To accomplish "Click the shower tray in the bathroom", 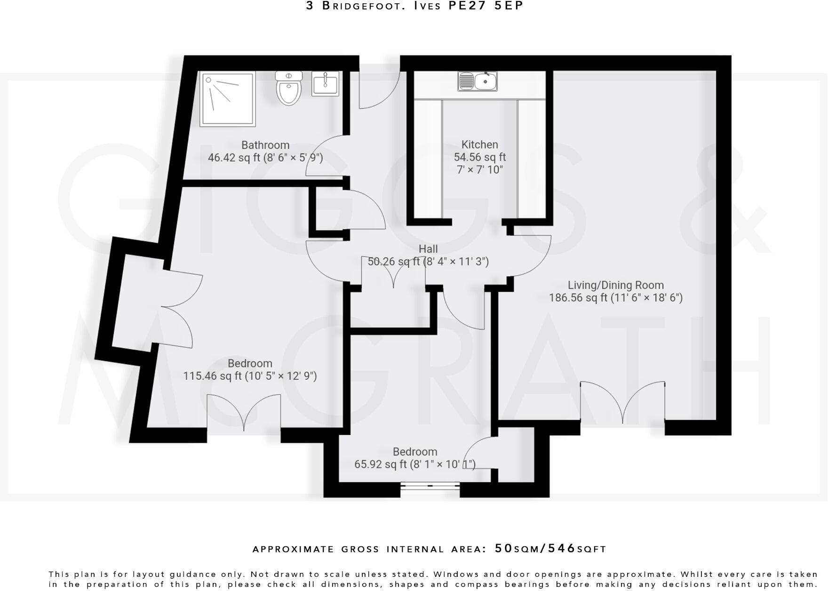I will [x=228, y=99].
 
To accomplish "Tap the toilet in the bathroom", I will [x=288, y=88].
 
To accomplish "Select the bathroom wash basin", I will [x=325, y=84].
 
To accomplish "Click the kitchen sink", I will [x=478, y=81].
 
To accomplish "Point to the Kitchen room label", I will [x=479, y=145].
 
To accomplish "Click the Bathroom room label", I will [x=265, y=145].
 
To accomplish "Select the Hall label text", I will [x=428, y=249].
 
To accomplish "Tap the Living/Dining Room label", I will [x=615, y=285].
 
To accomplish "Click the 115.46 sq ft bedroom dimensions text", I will [x=250, y=376].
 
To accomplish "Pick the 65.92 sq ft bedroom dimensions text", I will [x=414, y=464].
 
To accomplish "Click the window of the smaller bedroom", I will [x=430, y=486].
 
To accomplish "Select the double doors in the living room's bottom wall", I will [x=623, y=402].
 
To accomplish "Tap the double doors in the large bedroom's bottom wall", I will [x=244, y=412].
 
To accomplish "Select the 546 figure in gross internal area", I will [x=562, y=548].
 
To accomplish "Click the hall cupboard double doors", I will [x=393, y=273].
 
